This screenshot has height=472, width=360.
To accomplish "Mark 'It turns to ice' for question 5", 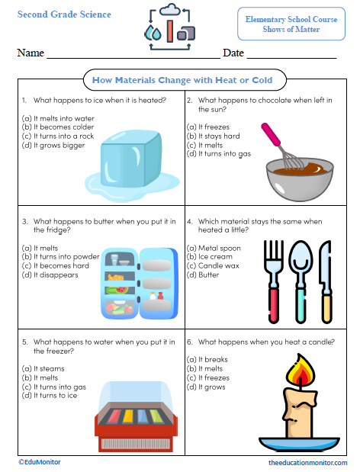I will coord(53,395).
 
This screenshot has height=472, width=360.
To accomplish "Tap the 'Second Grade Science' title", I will coord(64,14).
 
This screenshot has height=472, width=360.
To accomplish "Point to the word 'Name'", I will coord(30,53).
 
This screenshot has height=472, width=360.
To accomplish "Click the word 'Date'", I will coord(233,53).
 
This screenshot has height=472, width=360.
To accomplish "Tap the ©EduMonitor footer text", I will coord(40,462).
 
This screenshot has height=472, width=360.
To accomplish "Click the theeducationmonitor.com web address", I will coord(307,463).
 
